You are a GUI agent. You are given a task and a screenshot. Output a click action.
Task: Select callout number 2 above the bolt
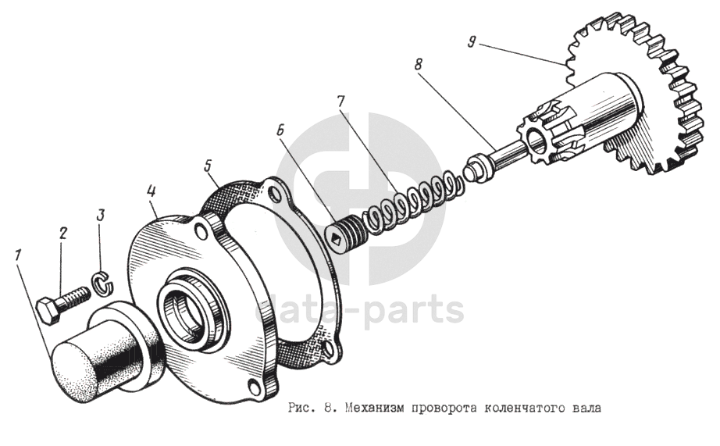pos(62,234)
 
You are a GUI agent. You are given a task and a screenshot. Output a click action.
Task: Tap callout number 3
pos(101,215)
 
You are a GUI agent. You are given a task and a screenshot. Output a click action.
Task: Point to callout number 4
pos(151,191)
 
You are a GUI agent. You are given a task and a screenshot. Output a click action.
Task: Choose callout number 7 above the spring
pos(340,102)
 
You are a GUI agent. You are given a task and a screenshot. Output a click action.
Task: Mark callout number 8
pos(418,64)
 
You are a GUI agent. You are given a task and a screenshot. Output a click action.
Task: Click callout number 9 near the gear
pos(471,43)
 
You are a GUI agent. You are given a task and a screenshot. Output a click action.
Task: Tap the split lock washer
pos(102,283)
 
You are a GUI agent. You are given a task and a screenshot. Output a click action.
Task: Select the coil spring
pos(411,199)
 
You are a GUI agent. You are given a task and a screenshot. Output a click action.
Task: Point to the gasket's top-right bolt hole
pos(275,193)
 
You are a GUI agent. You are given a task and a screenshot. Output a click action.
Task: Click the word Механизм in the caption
pos(372,408)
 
